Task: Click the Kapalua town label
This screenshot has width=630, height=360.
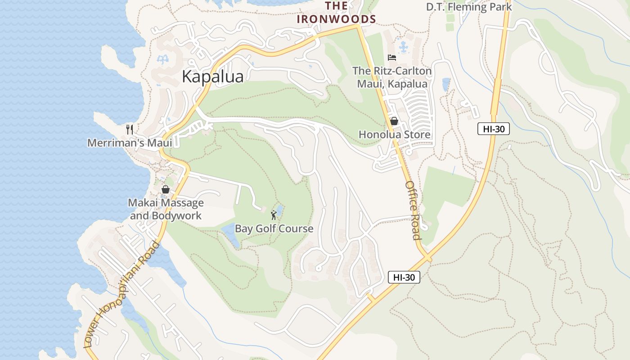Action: (x=212, y=76)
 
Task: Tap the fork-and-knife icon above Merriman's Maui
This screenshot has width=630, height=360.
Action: (x=130, y=130)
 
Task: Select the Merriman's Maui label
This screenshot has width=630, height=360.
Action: (x=130, y=143)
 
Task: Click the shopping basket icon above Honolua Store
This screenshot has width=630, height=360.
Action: (x=394, y=121)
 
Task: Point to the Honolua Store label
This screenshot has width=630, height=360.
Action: (x=394, y=135)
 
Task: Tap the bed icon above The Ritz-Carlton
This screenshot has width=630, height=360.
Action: (x=392, y=58)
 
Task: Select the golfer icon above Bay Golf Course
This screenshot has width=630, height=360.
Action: (x=274, y=215)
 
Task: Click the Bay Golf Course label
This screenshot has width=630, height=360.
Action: (x=274, y=229)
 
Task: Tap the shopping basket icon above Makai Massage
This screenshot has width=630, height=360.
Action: (x=166, y=189)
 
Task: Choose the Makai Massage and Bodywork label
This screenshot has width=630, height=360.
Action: (x=166, y=209)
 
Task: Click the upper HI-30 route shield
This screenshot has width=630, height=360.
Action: (x=493, y=129)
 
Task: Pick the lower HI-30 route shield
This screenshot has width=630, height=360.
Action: (x=404, y=277)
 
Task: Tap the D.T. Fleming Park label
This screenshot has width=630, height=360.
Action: (x=469, y=7)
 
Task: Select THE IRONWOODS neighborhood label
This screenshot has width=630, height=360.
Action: (x=336, y=13)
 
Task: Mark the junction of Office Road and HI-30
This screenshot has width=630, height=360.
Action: (x=427, y=258)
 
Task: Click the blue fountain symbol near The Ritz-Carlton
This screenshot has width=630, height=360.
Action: (x=403, y=46)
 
